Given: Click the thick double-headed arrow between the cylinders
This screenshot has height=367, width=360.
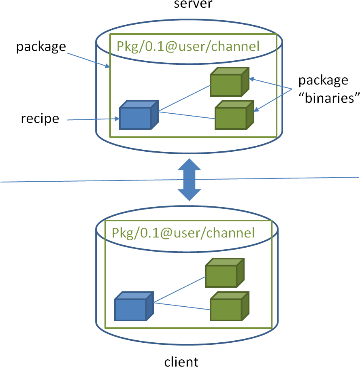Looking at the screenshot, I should pos(189,180).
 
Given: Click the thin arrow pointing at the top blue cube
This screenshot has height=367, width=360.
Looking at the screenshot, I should pos(93,119).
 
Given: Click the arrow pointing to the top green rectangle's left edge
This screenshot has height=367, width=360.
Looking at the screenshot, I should pos(87,59).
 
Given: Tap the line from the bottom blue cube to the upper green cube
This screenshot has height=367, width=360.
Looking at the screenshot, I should pos(179,290).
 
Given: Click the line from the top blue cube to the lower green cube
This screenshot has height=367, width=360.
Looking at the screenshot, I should pos(186,115).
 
